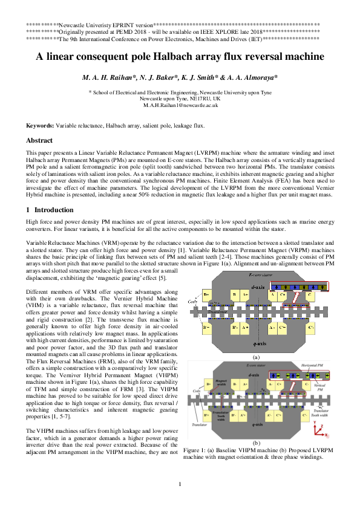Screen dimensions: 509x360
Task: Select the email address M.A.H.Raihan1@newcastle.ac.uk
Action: tap(180, 105)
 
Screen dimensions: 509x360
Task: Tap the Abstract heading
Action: tap(39, 140)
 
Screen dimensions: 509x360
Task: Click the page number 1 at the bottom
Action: tap(180, 484)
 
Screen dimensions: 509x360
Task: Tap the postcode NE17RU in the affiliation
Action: tap(194, 99)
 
